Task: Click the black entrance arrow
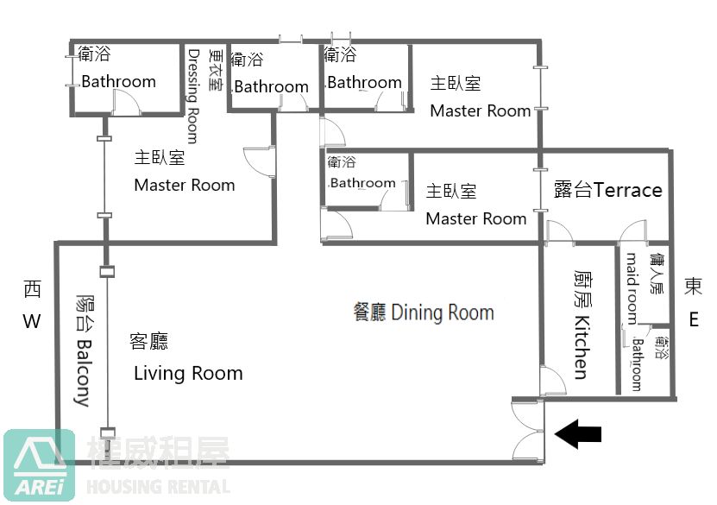point(577,433)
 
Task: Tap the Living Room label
point(188,373)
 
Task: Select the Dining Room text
point(442,312)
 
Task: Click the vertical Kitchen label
point(582,347)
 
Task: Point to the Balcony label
point(83,373)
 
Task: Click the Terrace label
point(628,190)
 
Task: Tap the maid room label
point(632,289)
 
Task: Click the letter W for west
point(32,321)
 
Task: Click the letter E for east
point(694,319)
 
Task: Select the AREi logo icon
point(40,464)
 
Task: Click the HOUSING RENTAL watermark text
point(158,487)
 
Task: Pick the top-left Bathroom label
point(119,81)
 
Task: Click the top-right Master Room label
point(480,110)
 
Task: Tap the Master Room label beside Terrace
point(476,218)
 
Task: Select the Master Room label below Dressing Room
point(185,186)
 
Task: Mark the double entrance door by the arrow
point(528,430)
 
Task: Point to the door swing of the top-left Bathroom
point(127,101)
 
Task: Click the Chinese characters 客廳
point(149,341)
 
